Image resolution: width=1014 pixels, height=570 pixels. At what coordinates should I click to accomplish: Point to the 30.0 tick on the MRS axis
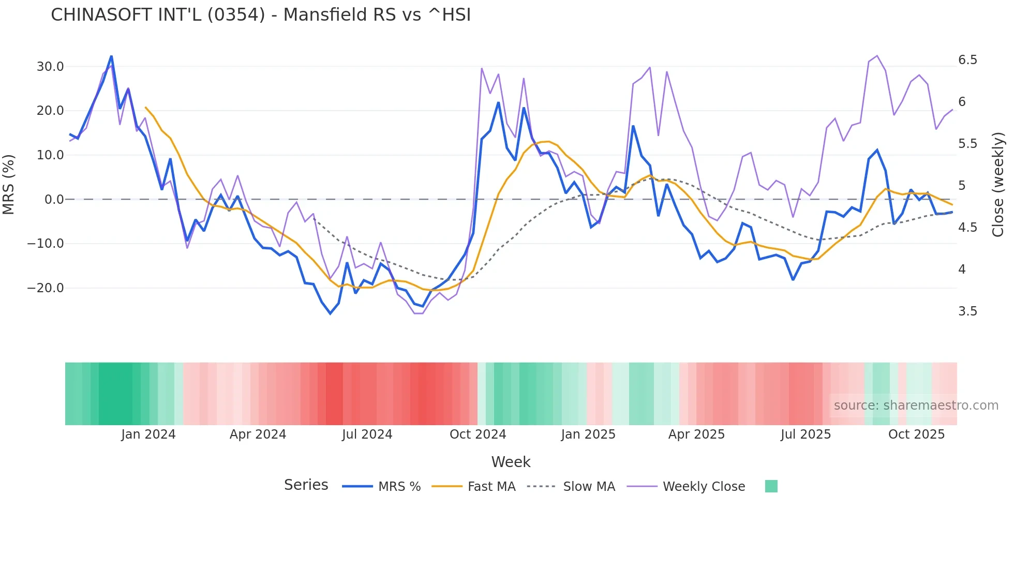[50, 67]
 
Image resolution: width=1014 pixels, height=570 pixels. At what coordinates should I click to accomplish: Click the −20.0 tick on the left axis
[46, 288]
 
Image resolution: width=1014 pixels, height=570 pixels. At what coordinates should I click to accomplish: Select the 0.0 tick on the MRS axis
[54, 200]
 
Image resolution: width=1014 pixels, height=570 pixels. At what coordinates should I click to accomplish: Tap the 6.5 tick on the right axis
[967, 60]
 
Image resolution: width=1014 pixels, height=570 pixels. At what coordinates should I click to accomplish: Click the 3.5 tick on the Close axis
[967, 311]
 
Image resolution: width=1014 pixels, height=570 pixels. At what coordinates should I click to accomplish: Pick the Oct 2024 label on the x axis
[478, 434]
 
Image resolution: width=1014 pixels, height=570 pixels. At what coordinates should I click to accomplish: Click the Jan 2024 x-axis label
[148, 434]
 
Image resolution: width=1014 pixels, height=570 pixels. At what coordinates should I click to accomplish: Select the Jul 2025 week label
[806, 434]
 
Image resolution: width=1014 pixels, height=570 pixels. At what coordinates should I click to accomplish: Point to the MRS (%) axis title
[9, 185]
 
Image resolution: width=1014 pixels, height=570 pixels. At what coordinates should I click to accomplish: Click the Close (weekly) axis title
[998, 185]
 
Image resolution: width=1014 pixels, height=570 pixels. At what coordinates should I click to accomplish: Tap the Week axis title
[511, 462]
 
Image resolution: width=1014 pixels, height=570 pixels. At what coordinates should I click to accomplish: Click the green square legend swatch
[771, 486]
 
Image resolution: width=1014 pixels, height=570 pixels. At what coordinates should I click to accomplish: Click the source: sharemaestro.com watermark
[916, 406]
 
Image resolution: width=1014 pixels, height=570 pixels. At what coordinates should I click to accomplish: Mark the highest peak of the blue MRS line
[111, 56]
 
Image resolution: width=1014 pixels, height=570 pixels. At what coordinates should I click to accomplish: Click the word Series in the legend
[306, 485]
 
